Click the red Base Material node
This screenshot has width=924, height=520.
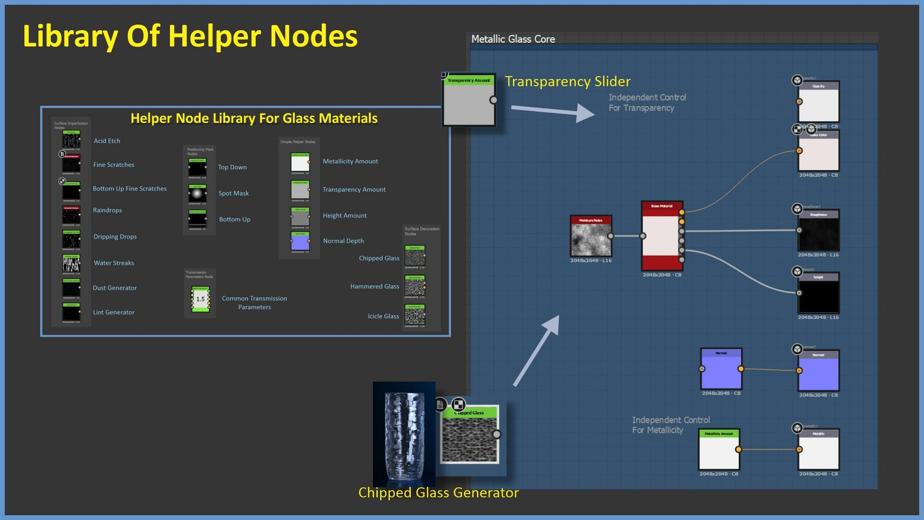[662, 236]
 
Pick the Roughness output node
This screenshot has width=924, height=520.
[818, 233]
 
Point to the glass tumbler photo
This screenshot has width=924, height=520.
[404, 434]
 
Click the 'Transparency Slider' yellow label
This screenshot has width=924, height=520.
[567, 82]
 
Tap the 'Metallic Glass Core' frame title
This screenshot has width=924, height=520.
[513, 39]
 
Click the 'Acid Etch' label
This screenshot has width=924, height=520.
[107, 141]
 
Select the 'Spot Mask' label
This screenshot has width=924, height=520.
[234, 194]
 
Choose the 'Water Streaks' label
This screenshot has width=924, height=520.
[113, 263]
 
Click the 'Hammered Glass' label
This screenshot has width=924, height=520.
[374, 286]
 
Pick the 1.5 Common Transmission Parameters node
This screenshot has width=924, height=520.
[200, 299]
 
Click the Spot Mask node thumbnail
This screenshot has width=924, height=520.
[197, 194]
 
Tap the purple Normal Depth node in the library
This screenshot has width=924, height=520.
[300, 241]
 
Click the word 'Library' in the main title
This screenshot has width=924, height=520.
[70, 36]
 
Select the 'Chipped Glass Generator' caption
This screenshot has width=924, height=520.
[438, 493]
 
